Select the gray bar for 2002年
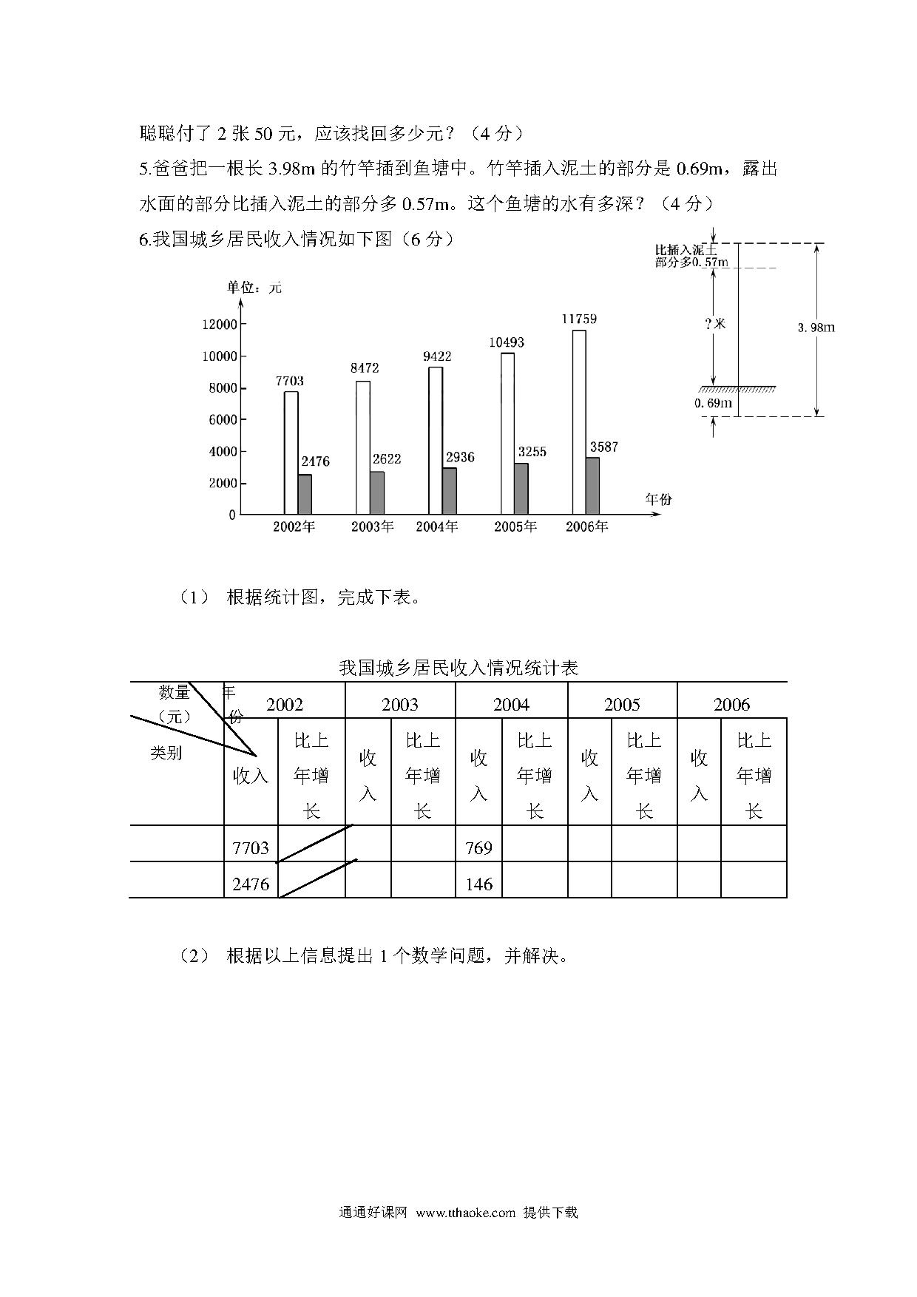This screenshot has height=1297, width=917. [305, 494]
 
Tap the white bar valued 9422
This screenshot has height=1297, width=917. [436, 440]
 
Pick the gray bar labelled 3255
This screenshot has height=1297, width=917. [521, 489]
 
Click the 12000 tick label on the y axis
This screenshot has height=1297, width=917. [219, 324]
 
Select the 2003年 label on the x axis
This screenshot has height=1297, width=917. [372, 526]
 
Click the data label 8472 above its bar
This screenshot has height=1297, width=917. [363, 368]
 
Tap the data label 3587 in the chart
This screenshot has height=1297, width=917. [603, 447]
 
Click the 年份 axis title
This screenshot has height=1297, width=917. [658, 499]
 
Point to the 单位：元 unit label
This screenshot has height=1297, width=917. [254, 287]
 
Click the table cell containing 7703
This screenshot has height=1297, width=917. [251, 847]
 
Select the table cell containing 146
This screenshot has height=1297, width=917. [478, 884]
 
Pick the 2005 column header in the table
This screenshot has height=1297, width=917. [622, 704]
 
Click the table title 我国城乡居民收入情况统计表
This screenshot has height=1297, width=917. [458, 668]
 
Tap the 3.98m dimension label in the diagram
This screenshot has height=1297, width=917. [816, 327]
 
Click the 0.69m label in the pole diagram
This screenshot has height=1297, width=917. [713, 403]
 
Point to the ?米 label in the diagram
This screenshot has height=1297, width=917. [715, 324]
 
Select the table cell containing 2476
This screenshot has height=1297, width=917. [251, 884]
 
